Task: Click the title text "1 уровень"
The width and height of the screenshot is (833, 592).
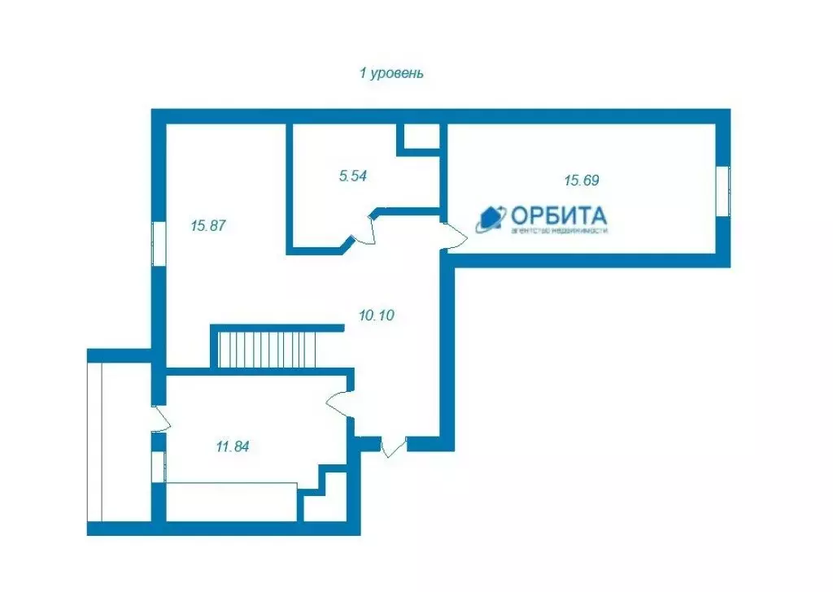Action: [391, 73]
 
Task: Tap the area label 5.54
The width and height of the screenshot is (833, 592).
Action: [353, 175]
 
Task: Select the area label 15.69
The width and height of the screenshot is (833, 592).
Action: [582, 181]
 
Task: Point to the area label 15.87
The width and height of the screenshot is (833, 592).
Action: [207, 226]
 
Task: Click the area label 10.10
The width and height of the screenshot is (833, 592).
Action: [376, 315]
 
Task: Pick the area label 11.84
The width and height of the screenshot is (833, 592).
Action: [232, 446]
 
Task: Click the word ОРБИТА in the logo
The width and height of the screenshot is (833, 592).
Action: [558, 215]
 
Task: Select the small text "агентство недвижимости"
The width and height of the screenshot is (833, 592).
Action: [559, 231]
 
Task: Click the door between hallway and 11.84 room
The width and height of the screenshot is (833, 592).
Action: [339, 403]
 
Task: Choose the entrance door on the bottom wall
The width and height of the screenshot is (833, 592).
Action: [393, 446]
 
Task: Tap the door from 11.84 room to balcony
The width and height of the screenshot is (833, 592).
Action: [160, 419]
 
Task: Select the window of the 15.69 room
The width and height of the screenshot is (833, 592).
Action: [722, 191]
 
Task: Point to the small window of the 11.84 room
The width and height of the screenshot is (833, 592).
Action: [159, 468]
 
